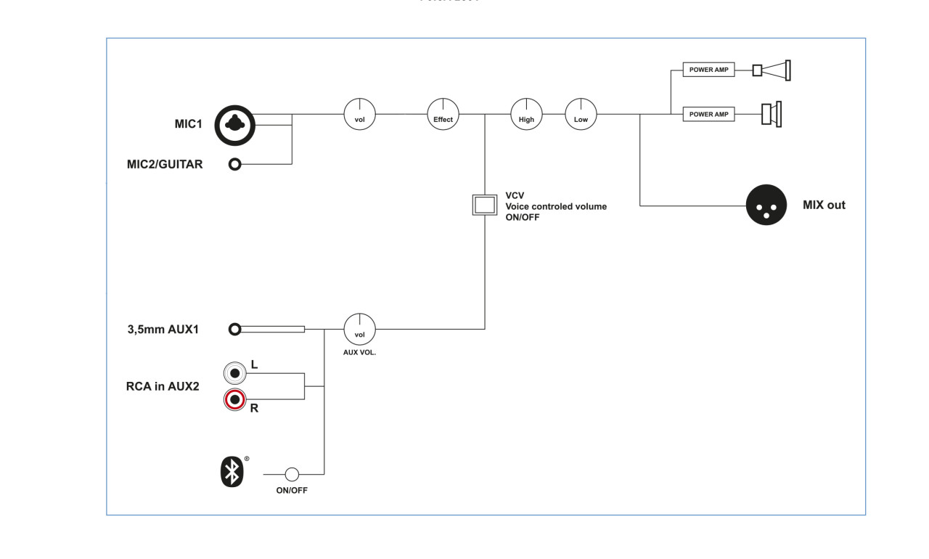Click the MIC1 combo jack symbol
[x=234, y=125]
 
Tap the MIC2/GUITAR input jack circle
[x=234, y=165]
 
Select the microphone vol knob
[x=359, y=115]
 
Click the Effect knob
[x=443, y=115]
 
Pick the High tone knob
[x=526, y=115]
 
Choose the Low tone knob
[x=581, y=115]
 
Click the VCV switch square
[x=484, y=205]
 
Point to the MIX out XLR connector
[x=766, y=206]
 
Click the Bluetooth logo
[x=232, y=472]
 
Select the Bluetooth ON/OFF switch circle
[x=292, y=475]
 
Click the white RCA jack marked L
[x=234, y=373]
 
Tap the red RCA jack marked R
[x=234, y=400]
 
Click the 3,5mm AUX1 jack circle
[x=234, y=330]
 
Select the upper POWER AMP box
[x=708, y=70]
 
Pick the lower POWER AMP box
[x=708, y=115]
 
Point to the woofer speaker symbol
[x=771, y=115]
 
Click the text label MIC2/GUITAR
[x=165, y=165]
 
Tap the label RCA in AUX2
[x=163, y=386]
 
